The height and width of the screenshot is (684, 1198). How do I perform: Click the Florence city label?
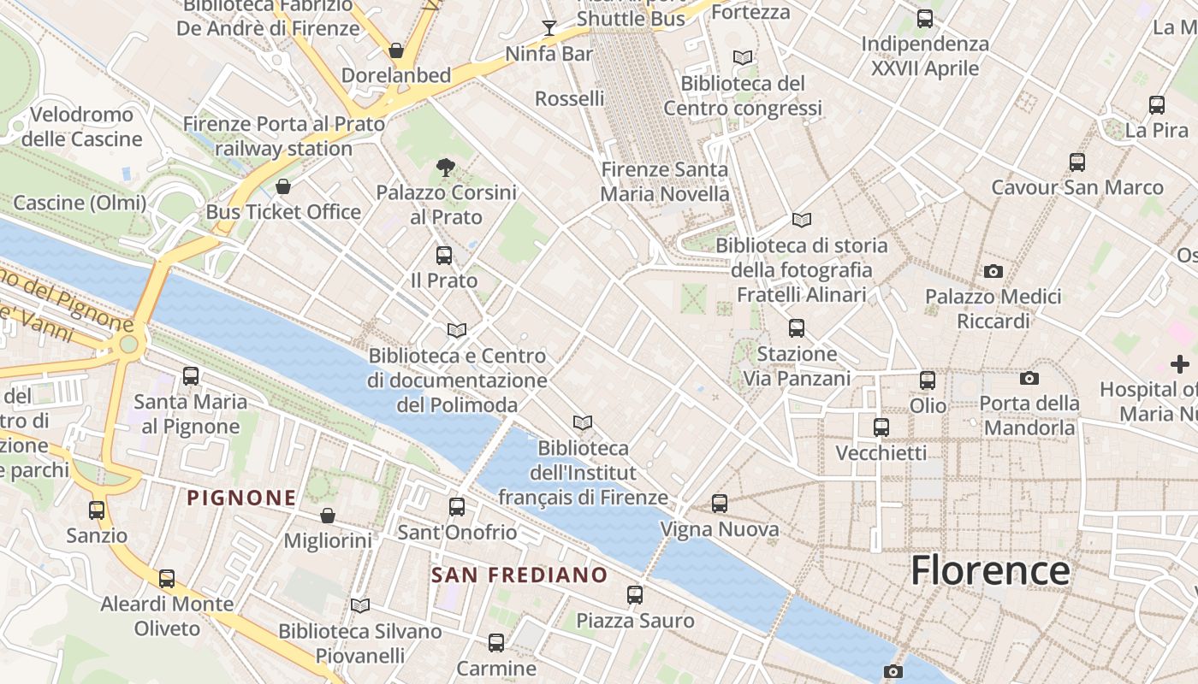click(990, 570)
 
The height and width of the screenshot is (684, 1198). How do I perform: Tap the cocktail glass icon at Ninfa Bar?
click(549, 28)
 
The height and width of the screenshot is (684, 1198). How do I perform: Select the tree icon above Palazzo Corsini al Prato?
click(445, 167)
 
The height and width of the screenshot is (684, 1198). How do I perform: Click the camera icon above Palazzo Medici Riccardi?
click(993, 271)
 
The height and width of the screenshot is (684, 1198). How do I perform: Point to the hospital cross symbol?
click(1179, 364)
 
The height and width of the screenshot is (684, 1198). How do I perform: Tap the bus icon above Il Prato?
click(443, 255)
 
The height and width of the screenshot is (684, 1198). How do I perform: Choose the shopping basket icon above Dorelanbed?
click(395, 50)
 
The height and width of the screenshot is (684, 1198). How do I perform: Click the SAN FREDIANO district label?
click(519, 575)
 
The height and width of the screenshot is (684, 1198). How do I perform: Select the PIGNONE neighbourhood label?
click(241, 498)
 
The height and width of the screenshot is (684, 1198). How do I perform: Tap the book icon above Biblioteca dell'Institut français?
click(583, 422)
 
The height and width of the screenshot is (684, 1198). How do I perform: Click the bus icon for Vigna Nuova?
click(719, 504)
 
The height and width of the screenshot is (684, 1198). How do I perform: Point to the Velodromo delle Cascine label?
click(82, 127)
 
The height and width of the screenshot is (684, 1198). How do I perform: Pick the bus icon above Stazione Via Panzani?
click(796, 327)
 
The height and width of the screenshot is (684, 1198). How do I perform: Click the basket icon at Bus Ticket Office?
click(283, 186)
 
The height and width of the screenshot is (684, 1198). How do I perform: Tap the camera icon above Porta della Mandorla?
click(1029, 377)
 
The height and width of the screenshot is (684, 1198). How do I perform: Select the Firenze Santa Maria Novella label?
click(665, 181)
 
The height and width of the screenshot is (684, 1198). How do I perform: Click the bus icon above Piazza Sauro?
click(634, 594)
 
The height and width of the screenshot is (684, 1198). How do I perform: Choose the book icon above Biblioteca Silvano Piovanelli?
click(360, 605)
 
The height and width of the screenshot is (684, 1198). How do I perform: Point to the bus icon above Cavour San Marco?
click(1076, 162)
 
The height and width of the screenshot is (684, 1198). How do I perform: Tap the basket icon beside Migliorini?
click(327, 516)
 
